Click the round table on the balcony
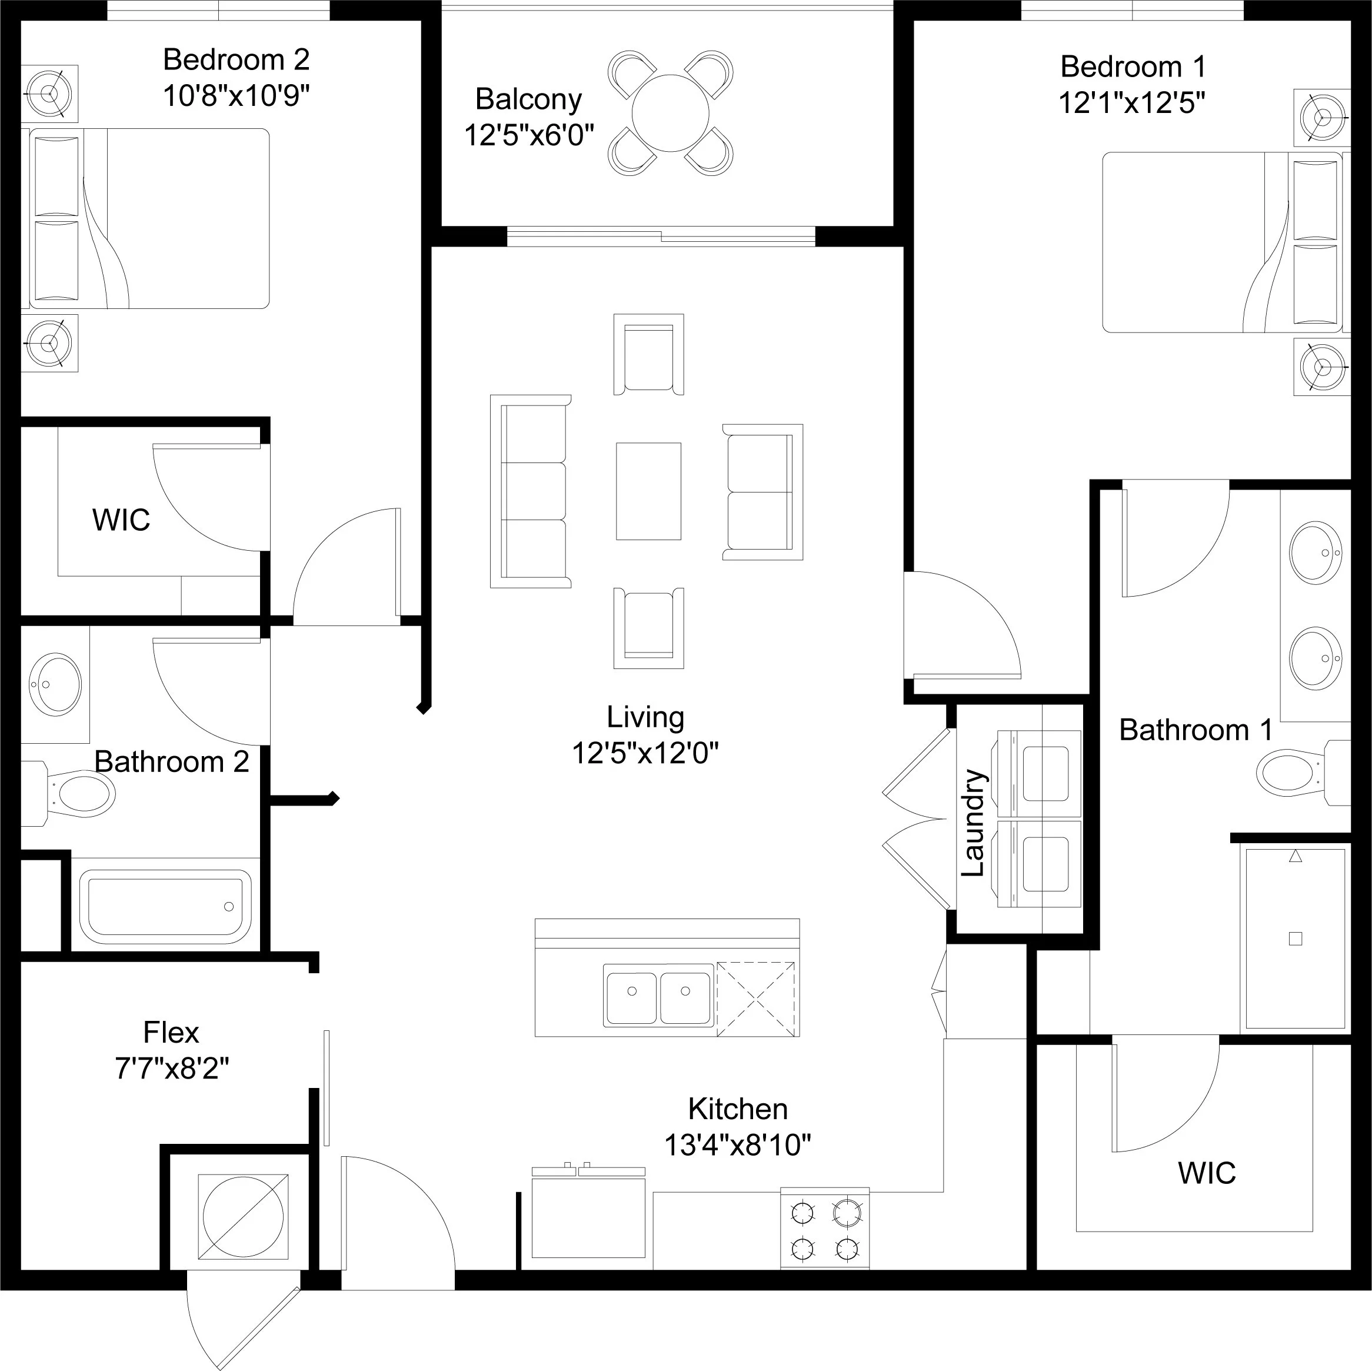point(670,113)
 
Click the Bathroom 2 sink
point(55,685)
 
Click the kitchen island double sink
point(658,995)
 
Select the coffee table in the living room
point(648,491)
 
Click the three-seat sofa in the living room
point(531,491)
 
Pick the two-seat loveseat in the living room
point(762,493)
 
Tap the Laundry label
point(973,823)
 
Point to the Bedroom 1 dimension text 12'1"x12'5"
point(1132,103)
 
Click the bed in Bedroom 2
point(145,219)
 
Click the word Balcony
point(528,99)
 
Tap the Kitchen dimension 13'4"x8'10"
point(737,1144)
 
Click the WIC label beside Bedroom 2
point(121,520)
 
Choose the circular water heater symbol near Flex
point(243,1217)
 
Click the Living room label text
point(645,717)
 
